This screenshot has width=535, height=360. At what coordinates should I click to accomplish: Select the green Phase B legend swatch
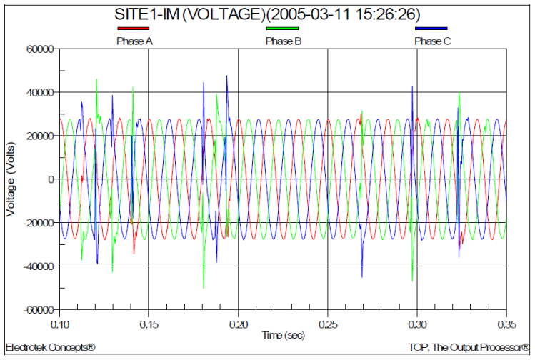(x=283, y=29)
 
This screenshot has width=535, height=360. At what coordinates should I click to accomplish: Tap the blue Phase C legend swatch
(x=432, y=29)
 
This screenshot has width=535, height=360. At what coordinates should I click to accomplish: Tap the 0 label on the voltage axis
(x=51, y=179)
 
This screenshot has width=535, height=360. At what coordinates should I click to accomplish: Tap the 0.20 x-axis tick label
(x=238, y=323)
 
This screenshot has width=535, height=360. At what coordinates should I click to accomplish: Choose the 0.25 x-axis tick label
(x=327, y=323)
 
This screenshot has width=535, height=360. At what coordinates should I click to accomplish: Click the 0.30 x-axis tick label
(x=416, y=323)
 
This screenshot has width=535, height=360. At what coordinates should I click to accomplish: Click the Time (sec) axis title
(x=283, y=334)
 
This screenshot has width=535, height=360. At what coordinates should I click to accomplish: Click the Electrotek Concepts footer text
(x=50, y=348)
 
